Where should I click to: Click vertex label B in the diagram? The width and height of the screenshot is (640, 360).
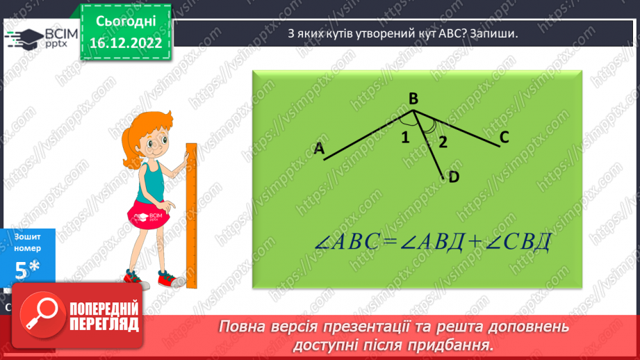point(413,99)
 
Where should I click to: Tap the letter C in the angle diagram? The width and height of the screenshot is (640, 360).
point(504,138)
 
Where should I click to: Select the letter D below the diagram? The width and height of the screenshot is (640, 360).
point(454,177)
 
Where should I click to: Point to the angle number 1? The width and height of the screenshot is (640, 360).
point(404,137)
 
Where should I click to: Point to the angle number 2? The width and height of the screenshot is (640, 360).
point(441,143)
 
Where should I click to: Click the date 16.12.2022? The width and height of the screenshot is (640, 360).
point(126,43)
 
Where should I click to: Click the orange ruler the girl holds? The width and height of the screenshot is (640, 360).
point(192,215)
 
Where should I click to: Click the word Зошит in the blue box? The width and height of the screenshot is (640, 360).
point(27,237)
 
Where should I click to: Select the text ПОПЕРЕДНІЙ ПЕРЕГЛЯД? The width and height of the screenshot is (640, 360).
point(104,316)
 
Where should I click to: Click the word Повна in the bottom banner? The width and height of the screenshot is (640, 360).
point(245,326)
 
